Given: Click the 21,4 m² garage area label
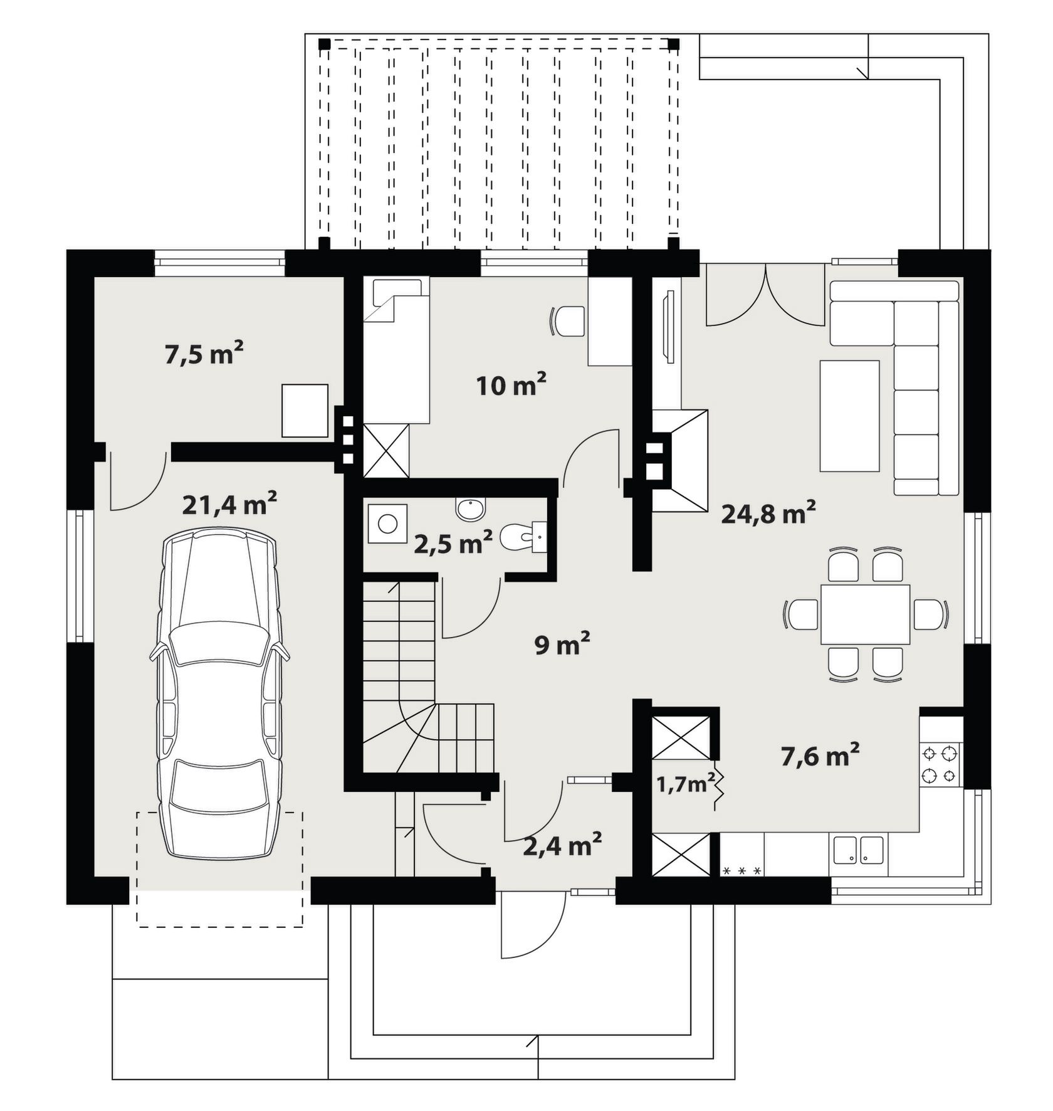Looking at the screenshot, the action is click(229, 503).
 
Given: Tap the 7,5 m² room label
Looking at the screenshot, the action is click(204, 353).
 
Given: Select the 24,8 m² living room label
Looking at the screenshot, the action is click(768, 513).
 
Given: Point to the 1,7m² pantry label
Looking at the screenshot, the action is click(686, 783).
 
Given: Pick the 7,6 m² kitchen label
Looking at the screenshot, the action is click(820, 756).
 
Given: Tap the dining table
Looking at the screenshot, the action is click(865, 614).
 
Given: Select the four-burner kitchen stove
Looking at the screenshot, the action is click(941, 764).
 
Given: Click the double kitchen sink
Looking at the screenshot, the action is click(859, 850).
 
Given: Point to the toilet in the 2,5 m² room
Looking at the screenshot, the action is click(524, 537).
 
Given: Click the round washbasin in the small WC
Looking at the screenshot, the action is click(471, 509).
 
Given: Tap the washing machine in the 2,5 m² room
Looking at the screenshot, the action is click(387, 524).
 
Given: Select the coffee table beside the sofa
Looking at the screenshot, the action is click(850, 416).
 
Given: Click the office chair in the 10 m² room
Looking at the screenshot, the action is click(567, 321).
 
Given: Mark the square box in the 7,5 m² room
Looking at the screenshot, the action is click(305, 411).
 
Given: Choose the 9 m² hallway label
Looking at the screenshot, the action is click(562, 644).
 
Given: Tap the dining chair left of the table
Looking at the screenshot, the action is click(801, 614).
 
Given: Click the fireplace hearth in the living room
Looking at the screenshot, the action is click(680, 461).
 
